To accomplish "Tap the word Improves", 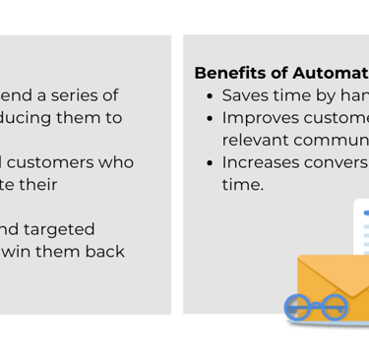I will [x=259, y=118].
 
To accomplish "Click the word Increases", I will [x=261, y=162].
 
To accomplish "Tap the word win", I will [x=16, y=252].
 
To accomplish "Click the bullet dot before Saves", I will [x=209, y=96].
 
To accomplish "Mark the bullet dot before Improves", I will [x=209, y=118].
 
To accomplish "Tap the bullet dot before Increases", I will [x=209, y=162].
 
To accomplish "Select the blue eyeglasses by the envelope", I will [x=316, y=308].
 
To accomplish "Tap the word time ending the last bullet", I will [x=242, y=184].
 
